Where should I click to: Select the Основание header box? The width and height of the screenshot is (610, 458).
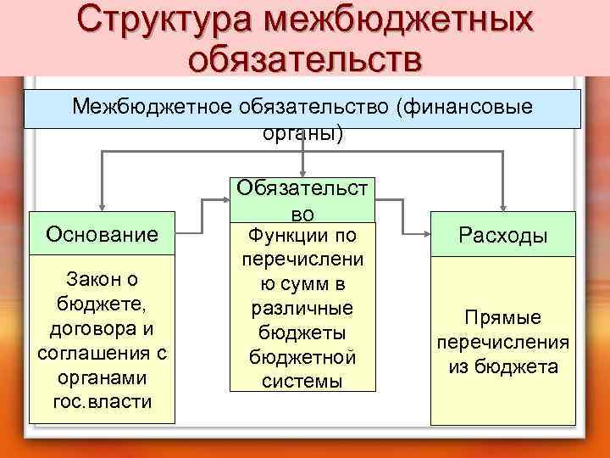pyautogui.click(x=103, y=233)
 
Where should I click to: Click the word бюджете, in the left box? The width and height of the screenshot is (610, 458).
pyautogui.click(x=102, y=303)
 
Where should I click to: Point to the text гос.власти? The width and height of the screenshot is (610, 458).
pyautogui.click(x=102, y=400)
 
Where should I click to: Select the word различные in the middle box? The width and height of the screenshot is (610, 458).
pyautogui.click(x=302, y=308)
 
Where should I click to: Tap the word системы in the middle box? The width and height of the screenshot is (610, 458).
pyautogui.click(x=302, y=381)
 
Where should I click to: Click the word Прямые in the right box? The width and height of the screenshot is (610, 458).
pyautogui.click(x=502, y=317)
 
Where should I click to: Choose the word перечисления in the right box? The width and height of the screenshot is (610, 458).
pyautogui.click(x=502, y=342)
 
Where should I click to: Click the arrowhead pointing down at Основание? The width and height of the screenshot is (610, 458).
pyautogui.click(x=103, y=204)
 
